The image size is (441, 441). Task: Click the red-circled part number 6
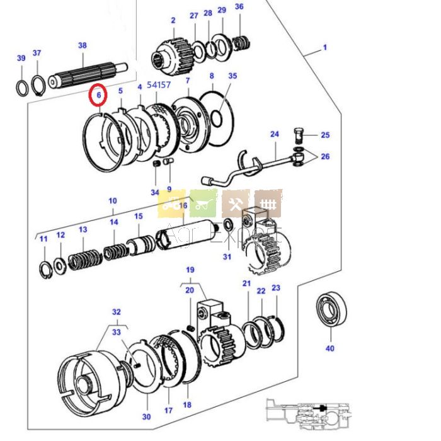(x=98, y=95)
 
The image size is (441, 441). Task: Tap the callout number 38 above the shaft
(x=82, y=45)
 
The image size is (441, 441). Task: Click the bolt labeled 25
(x=300, y=134)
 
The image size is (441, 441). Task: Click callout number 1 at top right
(x=325, y=47)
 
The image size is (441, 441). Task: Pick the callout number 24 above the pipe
(x=274, y=134)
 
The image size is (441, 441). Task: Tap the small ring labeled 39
(x=21, y=87)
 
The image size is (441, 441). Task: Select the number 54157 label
(x=159, y=84)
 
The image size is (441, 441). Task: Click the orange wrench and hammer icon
(x=236, y=203)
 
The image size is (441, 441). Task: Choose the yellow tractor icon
(x=171, y=203)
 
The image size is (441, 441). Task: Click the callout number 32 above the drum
(x=116, y=312)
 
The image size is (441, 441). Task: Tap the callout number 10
(x=113, y=201)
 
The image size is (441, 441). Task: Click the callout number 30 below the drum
(x=146, y=416)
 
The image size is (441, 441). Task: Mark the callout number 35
(x=232, y=76)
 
